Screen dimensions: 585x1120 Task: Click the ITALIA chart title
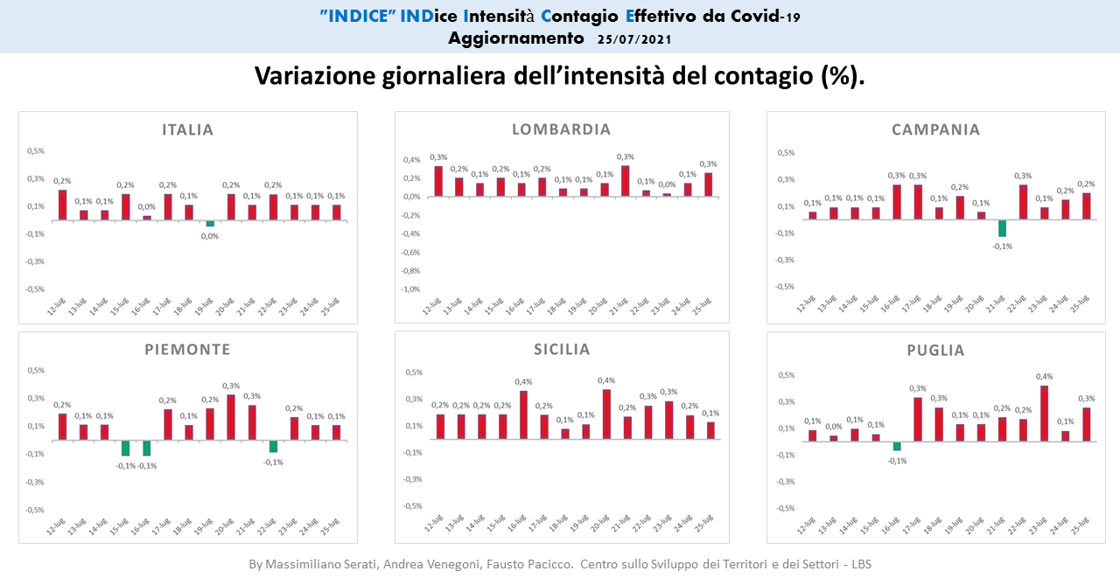click(187, 130)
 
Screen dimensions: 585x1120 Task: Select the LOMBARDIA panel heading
click(561, 130)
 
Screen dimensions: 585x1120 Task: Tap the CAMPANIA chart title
click(935, 130)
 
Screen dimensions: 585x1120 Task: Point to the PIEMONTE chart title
click(187, 350)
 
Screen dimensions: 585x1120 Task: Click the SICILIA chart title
click(561, 350)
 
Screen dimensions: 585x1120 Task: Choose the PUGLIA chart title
click(935, 351)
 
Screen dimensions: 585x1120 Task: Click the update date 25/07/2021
click(634, 39)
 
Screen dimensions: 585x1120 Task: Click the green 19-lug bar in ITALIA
click(210, 224)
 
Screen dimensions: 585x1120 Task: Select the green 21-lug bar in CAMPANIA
click(1002, 228)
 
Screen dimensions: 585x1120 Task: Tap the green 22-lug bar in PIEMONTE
click(273, 446)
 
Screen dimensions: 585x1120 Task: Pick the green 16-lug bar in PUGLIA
click(896, 446)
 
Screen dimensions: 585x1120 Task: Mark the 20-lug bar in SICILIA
click(606, 414)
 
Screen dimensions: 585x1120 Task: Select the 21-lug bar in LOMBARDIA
click(625, 181)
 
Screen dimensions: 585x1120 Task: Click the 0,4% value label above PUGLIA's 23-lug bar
click(1044, 377)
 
